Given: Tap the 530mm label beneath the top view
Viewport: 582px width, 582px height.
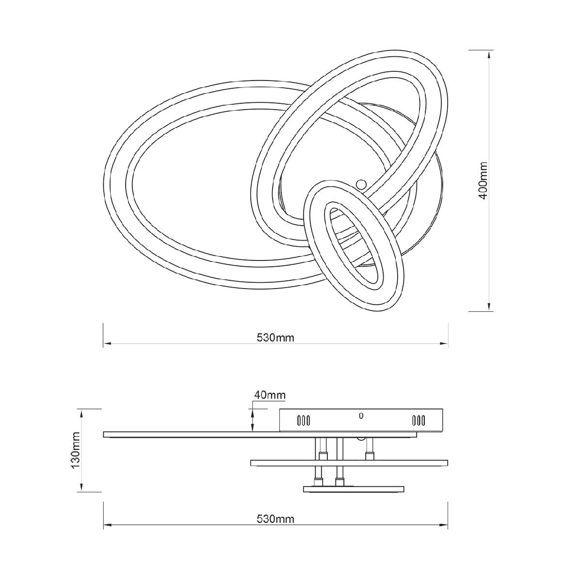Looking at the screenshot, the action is (275, 338).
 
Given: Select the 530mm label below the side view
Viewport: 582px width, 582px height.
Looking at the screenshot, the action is (275, 519).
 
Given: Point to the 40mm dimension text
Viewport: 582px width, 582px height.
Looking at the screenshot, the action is (269, 395).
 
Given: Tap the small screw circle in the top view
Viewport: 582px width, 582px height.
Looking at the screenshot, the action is (361, 183).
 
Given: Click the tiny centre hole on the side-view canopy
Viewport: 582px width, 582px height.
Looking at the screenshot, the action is (361, 416).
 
